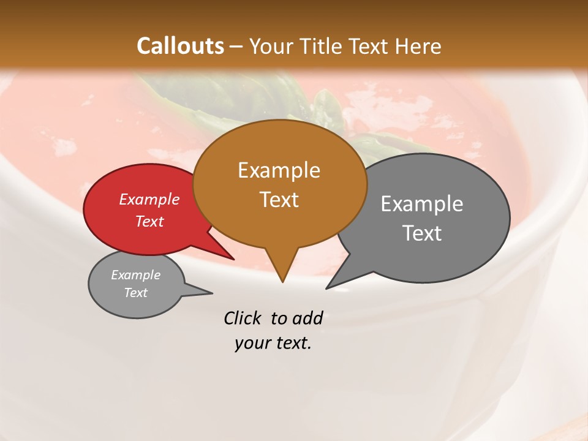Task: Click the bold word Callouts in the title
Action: [180, 46]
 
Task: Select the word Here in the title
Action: [418, 46]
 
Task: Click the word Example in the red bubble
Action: [149, 199]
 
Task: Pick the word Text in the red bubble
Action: [149, 221]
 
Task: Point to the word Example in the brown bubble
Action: [279, 170]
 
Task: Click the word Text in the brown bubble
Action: [279, 200]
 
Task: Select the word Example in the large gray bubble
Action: [421, 204]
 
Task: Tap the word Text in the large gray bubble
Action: [421, 233]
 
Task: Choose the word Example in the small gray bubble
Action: [135, 275]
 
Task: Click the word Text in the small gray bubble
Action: [135, 293]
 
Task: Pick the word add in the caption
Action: [307, 318]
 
